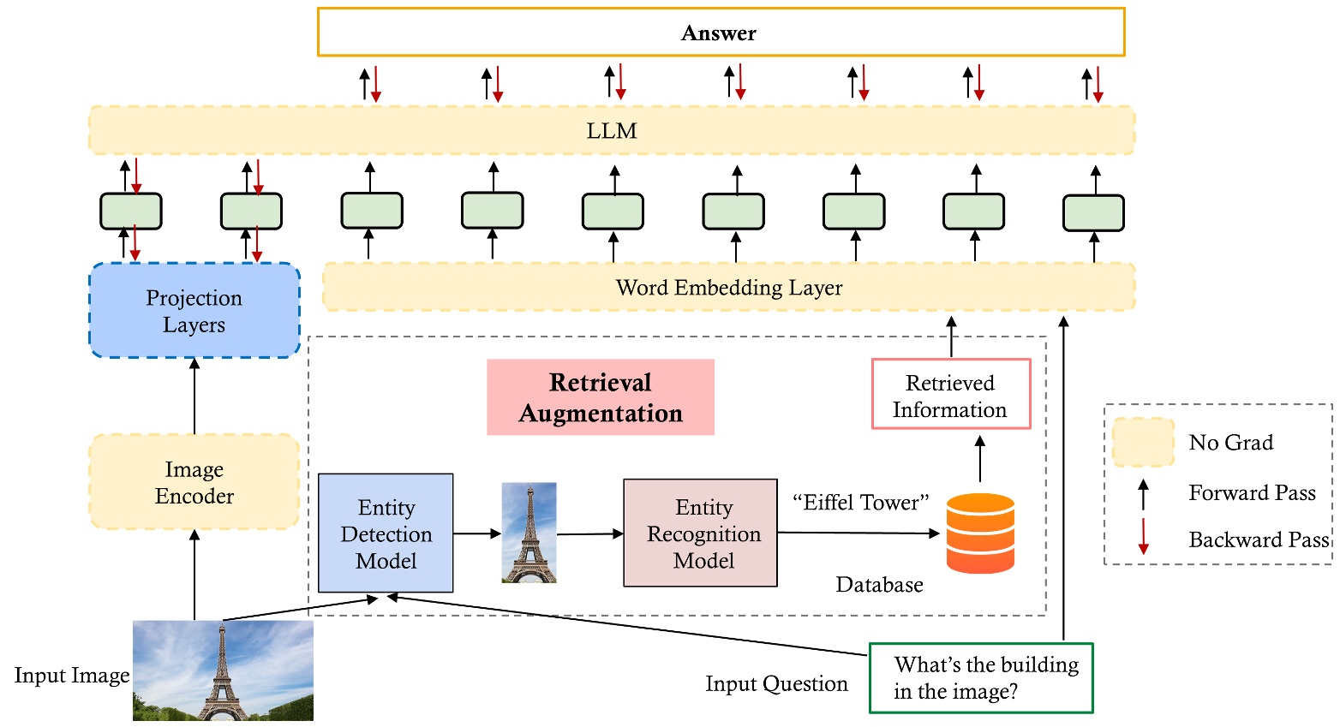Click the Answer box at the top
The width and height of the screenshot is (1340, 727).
[720, 33]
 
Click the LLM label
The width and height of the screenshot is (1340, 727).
[612, 131]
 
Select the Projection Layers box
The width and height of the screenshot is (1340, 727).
[194, 310]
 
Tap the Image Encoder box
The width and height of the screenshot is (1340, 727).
[194, 482]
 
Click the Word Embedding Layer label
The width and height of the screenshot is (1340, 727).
[728, 288]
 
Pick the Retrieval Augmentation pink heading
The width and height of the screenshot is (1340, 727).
[600, 397]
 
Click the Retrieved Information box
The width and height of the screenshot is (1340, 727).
[950, 395]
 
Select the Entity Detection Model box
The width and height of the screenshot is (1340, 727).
[386, 533]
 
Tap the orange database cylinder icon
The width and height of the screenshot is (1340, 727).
[980, 533]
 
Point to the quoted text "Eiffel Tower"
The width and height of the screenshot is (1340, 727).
[860, 503]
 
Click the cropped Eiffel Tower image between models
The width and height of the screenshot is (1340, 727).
[529, 533]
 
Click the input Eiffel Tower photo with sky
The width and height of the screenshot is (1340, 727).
[223, 670]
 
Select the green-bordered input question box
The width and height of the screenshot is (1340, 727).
[981, 677]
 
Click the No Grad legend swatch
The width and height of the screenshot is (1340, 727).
[1142, 442]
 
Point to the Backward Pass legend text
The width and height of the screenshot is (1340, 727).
[1258, 540]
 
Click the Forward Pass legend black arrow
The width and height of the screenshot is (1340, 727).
[1143, 494]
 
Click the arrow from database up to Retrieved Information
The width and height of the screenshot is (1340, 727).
[980, 459]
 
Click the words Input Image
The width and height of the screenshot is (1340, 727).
[72, 676]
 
